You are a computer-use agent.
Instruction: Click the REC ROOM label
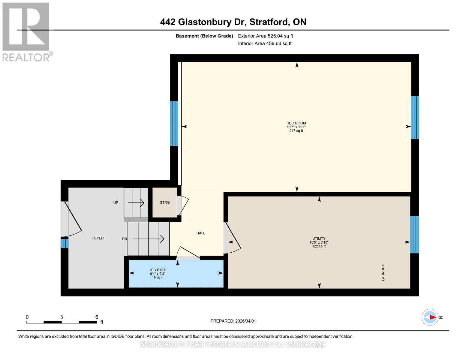click(296, 123)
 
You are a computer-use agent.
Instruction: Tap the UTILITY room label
click(319, 238)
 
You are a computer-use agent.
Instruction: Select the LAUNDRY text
click(383, 272)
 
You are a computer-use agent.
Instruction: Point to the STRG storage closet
click(165, 202)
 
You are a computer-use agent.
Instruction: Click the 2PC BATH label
click(158, 270)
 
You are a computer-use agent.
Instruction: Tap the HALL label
click(201, 233)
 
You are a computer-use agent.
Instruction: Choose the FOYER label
click(98, 238)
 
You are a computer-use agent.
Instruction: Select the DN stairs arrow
click(149, 239)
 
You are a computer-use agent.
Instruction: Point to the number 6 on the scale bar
click(97, 317)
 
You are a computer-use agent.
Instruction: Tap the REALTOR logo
click(26, 31)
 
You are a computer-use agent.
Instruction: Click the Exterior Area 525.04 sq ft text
click(265, 36)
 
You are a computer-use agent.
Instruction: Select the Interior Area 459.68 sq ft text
click(265, 43)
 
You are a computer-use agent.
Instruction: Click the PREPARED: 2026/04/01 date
click(233, 321)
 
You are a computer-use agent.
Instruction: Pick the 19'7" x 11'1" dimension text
click(296, 127)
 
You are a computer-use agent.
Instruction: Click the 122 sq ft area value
click(319, 246)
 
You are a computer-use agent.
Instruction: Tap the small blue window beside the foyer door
click(65, 243)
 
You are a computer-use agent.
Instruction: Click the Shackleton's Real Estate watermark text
click(233, 344)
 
